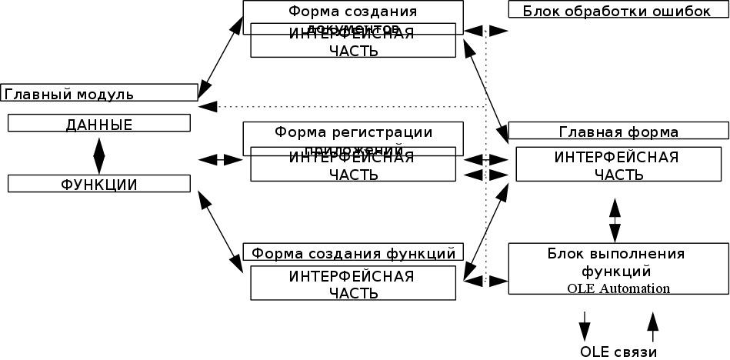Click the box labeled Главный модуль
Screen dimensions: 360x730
tap(99, 93)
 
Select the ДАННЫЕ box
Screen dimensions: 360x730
tap(99, 124)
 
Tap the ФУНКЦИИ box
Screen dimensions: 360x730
tap(99, 184)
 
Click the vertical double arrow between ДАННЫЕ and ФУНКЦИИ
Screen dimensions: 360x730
tap(99, 154)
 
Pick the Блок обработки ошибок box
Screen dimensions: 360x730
tap(616, 10)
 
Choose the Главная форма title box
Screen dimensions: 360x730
tap(618, 132)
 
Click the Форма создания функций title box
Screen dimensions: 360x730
tap(353, 252)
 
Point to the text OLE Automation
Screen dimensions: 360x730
tap(618, 288)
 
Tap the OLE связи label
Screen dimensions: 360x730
tap(618, 352)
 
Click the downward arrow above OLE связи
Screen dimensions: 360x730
tap(585, 326)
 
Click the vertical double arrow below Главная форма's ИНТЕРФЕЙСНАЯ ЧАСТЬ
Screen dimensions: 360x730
tap(615, 220)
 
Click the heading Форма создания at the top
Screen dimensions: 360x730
tap(353, 12)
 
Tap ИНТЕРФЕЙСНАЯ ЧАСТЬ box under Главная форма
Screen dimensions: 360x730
tap(618, 165)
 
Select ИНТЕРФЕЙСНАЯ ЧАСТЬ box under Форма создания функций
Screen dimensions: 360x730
tap(353, 284)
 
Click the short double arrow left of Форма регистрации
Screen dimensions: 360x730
tap(221, 159)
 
